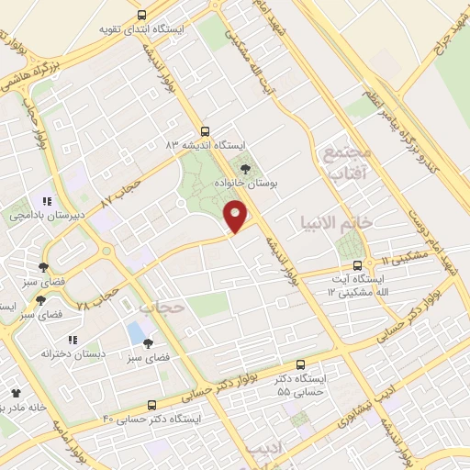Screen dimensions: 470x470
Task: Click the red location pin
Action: tap(237, 217)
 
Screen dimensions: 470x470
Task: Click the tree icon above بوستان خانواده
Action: tap(244, 167)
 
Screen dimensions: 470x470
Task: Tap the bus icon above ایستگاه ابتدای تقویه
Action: tap(141, 15)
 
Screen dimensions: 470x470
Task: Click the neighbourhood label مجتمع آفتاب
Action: tap(347, 162)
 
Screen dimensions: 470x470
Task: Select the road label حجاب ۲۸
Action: tap(98, 297)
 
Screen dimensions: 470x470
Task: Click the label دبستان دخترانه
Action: tap(73, 352)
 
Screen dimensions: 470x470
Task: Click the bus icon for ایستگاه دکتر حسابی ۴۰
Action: tap(151, 405)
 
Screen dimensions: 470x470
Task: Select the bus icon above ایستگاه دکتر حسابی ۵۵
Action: tap(302, 364)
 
